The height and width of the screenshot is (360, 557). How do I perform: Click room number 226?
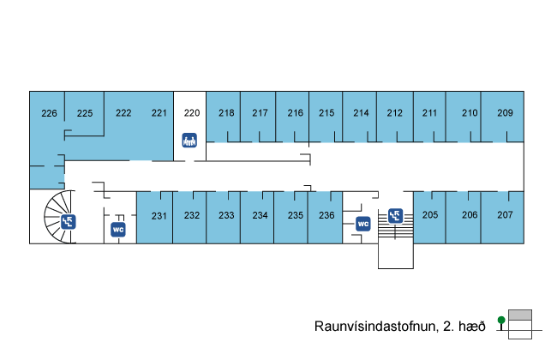pyautogui.click(x=49, y=113)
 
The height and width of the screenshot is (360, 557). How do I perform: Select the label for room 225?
pyautogui.click(x=84, y=113)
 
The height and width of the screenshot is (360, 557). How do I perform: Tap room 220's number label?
pyautogui.click(x=192, y=113)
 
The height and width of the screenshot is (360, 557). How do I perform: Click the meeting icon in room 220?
pyautogui.click(x=190, y=140)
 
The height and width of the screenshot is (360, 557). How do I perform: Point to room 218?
pyautogui.click(x=226, y=113)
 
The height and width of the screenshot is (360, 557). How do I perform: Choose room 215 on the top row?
pyautogui.click(x=326, y=113)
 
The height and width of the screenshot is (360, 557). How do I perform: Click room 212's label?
pyautogui.click(x=394, y=113)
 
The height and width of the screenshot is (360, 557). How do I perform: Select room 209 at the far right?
pyautogui.click(x=505, y=113)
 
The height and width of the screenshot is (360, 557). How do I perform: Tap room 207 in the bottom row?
pyautogui.click(x=505, y=215)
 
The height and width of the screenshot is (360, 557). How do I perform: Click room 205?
pyautogui.click(x=430, y=215)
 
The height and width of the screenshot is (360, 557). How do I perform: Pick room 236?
pyautogui.click(x=326, y=215)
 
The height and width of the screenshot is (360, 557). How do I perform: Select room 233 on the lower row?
pyautogui.click(x=226, y=215)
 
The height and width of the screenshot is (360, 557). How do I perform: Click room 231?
pyautogui.click(x=159, y=215)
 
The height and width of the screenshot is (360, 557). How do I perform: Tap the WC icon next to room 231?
pyautogui.click(x=119, y=229)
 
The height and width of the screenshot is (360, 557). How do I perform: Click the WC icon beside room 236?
pyautogui.click(x=362, y=224)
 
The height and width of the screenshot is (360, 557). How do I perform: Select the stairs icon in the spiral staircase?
pyautogui.click(x=69, y=222)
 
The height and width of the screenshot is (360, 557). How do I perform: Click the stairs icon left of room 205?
pyautogui.click(x=395, y=215)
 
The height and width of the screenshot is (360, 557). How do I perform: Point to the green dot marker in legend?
pyautogui.click(x=501, y=320)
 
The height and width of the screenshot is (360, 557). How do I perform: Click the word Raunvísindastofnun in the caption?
pyautogui.click(x=374, y=326)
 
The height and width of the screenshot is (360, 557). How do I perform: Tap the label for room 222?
pyautogui.click(x=123, y=113)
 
